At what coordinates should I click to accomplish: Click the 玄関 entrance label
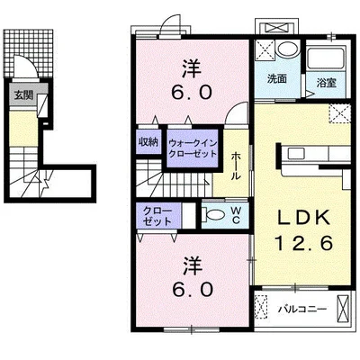[23, 95]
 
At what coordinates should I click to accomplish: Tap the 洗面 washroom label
[277, 79]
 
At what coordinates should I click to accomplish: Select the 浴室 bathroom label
[327, 83]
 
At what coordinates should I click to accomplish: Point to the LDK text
[304, 218]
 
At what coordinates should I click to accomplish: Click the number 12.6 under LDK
[304, 243]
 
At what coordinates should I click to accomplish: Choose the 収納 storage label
[148, 141]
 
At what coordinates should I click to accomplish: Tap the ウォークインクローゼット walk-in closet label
[193, 148]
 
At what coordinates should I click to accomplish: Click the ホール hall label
[236, 166]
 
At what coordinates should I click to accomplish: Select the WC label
[236, 216]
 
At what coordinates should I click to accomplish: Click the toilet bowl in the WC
[216, 215]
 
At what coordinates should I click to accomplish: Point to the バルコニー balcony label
[301, 309]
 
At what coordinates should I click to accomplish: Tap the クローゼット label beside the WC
[157, 216]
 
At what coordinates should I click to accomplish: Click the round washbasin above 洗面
[287, 49]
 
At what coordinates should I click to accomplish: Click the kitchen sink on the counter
[297, 154]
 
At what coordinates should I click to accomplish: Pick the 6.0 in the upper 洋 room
[192, 93]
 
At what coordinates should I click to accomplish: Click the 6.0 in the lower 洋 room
[192, 290]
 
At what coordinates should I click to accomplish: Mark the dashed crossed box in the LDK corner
[340, 113]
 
